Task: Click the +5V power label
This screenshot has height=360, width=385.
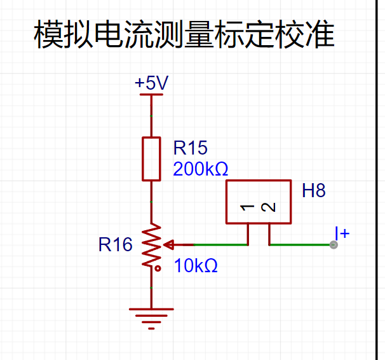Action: [151, 83]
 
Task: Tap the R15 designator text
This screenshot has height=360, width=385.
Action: [191, 148]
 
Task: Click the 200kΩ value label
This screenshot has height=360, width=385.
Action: [200, 169]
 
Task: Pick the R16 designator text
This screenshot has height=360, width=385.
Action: [116, 244]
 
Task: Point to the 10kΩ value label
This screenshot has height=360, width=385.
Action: [196, 266]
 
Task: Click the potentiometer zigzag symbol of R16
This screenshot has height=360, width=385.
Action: [151, 246]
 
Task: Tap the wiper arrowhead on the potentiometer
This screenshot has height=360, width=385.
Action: [168, 245]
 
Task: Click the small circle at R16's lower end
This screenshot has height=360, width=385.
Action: [158, 268]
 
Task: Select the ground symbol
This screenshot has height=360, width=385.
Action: [151, 319]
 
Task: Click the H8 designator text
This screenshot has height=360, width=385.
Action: [314, 190]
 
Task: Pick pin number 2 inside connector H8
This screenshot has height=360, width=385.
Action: [268, 207]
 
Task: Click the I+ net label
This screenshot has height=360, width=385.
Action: [342, 233]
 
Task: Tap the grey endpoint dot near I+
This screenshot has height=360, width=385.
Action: [334, 245]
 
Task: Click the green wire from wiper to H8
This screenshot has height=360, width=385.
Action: [220, 245]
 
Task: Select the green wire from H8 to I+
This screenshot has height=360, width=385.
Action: [301, 245]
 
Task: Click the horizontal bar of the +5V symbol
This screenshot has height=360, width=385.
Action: [151, 94]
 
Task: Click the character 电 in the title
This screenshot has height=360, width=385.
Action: [109, 34]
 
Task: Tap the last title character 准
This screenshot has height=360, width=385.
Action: [320, 34]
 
